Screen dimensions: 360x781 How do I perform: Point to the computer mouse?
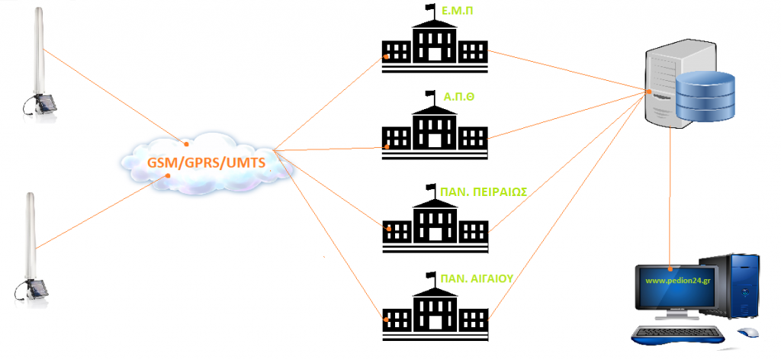[x=747, y=333]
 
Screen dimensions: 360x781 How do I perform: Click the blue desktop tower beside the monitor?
[x=739, y=285]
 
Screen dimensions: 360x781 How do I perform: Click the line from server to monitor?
[x=671, y=198]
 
